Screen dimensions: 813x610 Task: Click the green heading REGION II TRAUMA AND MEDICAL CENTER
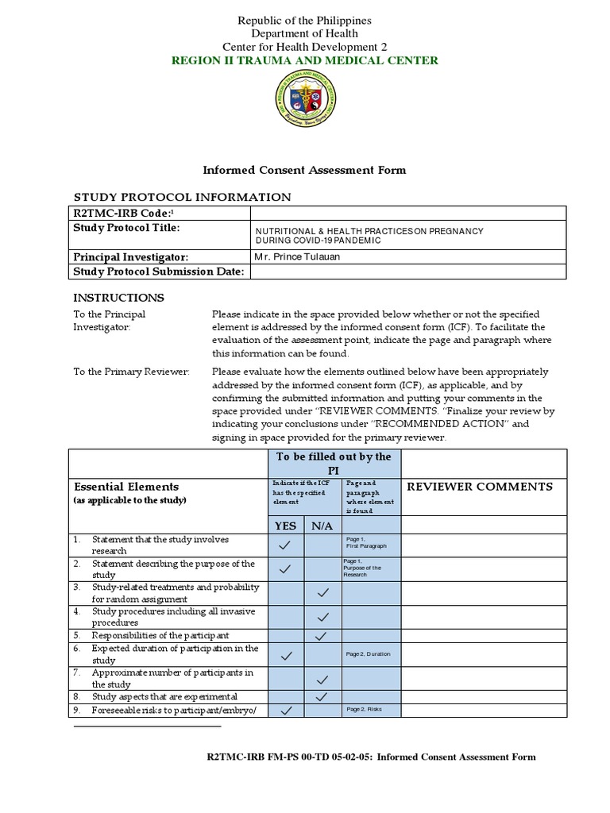tap(304, 60)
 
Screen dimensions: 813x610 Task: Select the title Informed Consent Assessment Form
tap(304, 170)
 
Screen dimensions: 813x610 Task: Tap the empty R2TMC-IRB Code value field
tap(407, 213)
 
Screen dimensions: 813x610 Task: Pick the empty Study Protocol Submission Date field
tap(407, 272)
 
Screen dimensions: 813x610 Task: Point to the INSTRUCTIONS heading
tap(119, 298)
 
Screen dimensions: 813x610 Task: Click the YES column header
tap(286, 525)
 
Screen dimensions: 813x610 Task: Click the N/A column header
tap(322, 525)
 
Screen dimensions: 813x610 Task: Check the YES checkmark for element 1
tap(286, 545)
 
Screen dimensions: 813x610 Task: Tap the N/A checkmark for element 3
tap(322, 592)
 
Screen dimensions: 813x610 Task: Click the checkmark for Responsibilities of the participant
tap(322, 636)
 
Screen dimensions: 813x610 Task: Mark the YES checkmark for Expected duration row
tap(286, 655)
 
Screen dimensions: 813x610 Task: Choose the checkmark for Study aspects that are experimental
tap(322, 696)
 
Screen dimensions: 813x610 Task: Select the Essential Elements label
tap(126, 486)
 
